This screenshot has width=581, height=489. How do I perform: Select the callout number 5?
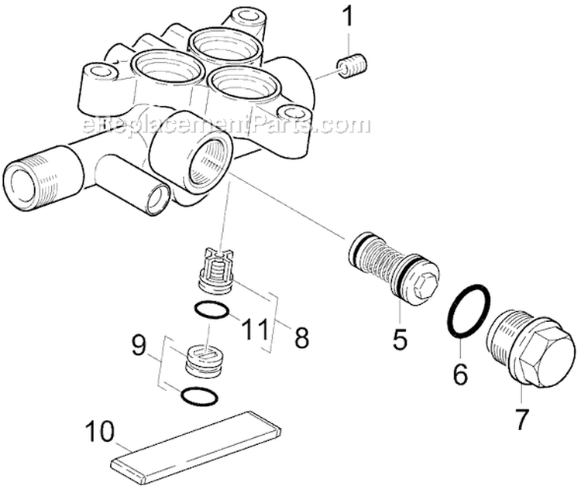pos(399,339)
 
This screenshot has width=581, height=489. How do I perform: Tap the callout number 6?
pos(461,374)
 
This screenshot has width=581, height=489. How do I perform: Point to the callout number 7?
pos(522,418)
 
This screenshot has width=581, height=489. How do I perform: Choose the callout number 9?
pos(139,345)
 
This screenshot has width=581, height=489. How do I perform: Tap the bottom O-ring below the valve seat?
pos(198,397)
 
